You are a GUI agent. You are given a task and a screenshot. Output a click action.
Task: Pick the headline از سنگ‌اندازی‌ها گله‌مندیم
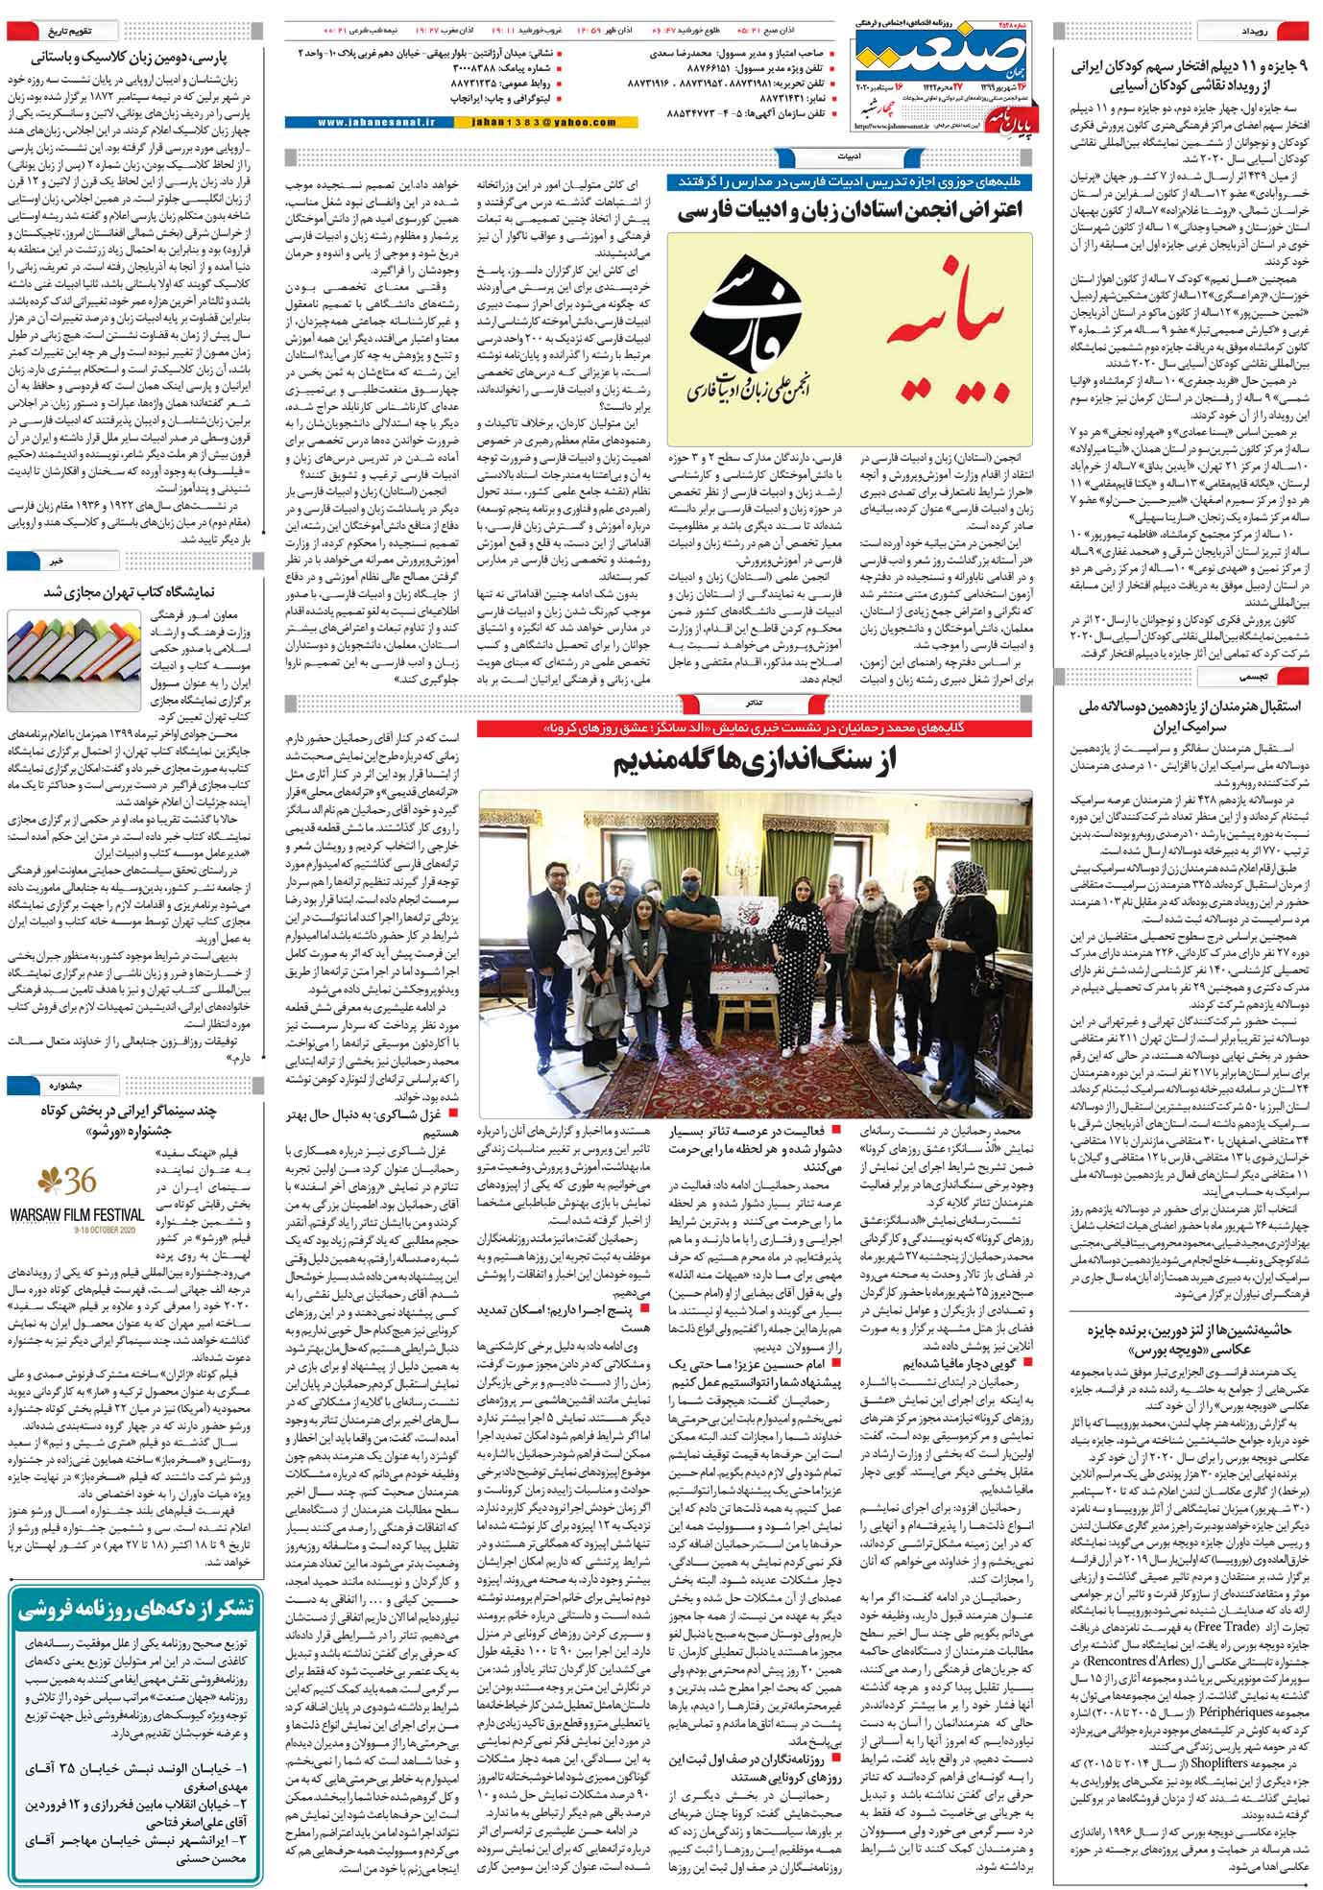755,762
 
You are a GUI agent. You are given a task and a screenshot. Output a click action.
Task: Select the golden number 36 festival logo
67,1181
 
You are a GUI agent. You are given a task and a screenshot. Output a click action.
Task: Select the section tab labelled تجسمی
1258,677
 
